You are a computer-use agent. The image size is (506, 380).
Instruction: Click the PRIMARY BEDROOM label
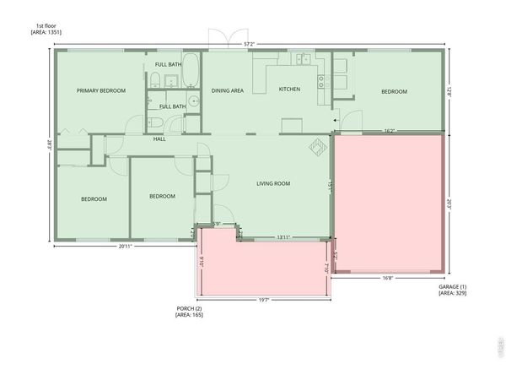[x=101, y=90]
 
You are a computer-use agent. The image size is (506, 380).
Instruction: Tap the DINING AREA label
[x=228, y=90]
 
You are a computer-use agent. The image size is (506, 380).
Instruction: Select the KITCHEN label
[x=290, y=90]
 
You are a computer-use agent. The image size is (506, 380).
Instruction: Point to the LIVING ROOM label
[x=273, y=183]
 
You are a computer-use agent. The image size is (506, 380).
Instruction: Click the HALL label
[x=159, y=139]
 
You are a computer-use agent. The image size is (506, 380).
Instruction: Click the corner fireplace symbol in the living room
[x=319, y=147]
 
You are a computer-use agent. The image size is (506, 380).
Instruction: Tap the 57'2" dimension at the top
[x=249, y=43]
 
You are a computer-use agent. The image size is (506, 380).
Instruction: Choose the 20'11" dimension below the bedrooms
[x=126, y=246]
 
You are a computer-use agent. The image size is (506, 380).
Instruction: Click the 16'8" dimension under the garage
[x=388, y=278]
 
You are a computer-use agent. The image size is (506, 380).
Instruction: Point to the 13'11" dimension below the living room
[x=284, y=238]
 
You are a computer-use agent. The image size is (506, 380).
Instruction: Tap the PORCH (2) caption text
[x=188, y=308]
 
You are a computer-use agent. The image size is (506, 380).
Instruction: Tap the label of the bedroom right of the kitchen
[x=393, y=91]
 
